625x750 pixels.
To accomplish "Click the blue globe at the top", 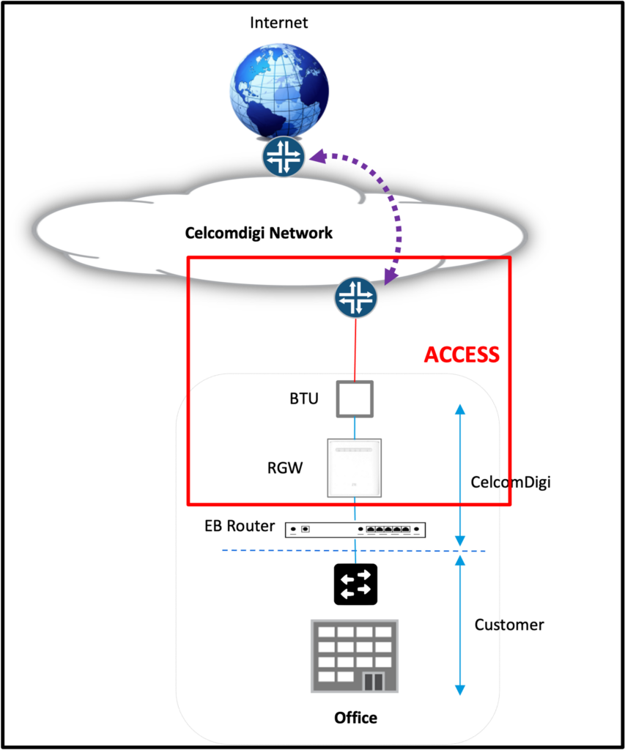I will [x=279, y=92].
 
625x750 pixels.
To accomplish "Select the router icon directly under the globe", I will [x=284, y=156].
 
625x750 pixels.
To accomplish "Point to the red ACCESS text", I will [x=462, y=355].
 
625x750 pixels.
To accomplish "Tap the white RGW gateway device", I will [x=355, y=467].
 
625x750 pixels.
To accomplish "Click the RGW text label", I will [x=284, y=467].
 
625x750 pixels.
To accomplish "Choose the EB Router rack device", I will [x=355, y=529].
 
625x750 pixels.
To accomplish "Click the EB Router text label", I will [x=240, y=526].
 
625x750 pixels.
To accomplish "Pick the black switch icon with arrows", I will [x=355, y=584].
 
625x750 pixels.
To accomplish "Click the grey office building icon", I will [x=355, y=656].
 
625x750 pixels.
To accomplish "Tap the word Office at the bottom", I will [x=355, y=718].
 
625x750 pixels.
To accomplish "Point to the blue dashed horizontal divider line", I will [x=352, y=551].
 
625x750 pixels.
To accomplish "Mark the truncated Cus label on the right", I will [x=487, y=625].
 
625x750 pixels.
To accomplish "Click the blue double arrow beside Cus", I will [x=460, y=625].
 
